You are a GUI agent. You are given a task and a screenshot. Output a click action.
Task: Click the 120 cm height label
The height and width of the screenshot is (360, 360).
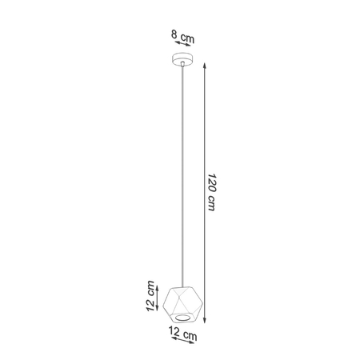point(211,192)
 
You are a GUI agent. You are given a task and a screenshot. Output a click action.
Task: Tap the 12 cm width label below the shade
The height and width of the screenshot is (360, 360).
point(184,336)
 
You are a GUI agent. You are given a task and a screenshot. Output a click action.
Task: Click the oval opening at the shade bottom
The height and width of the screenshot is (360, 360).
point(184,317)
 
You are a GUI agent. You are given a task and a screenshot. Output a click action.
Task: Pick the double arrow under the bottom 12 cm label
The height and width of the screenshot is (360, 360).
point(184,345)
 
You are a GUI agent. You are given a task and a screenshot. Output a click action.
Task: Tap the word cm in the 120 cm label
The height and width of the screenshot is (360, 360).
point(211,205)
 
